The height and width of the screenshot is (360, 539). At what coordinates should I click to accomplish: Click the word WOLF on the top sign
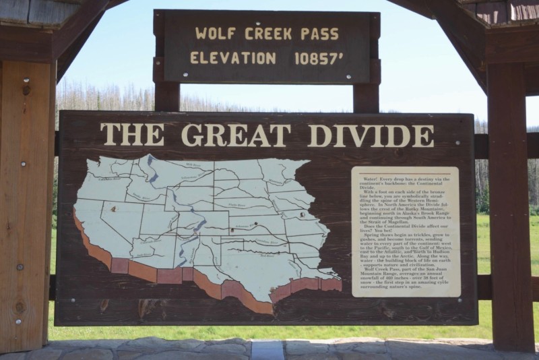[x=214, y=33]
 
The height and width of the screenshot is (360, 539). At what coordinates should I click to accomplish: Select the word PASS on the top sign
[x=323, y=33]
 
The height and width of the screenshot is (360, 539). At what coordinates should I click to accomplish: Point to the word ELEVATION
[x=233, y=58]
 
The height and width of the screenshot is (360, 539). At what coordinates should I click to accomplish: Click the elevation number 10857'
[x=319, y=58]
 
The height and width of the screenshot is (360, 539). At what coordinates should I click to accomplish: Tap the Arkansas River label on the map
[x=245, y=230]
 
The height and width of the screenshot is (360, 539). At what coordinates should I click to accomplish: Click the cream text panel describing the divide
[x=405, y=231]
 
